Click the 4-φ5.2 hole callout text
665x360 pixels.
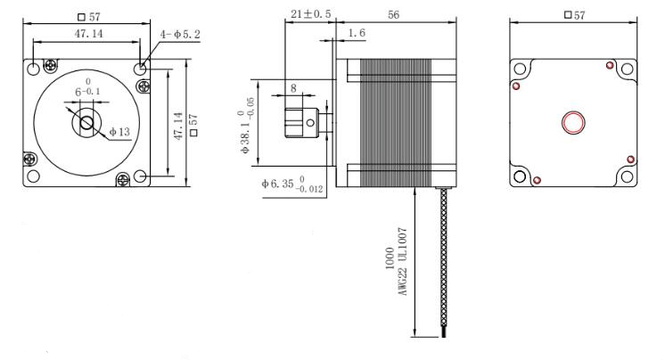[180, 35]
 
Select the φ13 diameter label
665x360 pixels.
[119, 132]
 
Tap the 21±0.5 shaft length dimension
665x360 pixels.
[311, 14]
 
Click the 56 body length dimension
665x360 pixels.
[394, 15]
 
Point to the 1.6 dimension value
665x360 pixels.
[357, 33]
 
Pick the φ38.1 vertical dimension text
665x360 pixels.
[246, 132]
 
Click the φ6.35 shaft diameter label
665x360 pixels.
[292, 184]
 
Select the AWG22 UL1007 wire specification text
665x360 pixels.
[403, 262]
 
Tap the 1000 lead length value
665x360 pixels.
[390, 258]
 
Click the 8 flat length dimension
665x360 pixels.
[293, 88]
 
